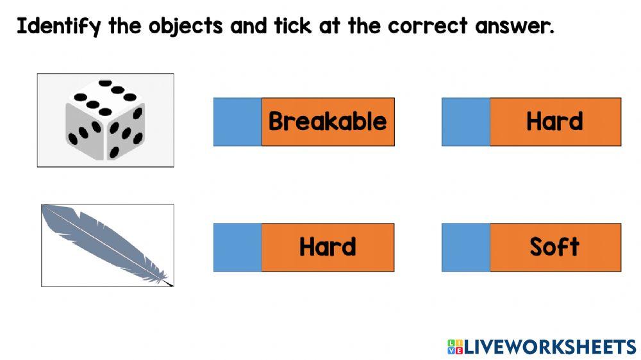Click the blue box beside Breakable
(x=237, y=122)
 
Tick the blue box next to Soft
(x=465, y=247)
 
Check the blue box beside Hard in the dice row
(x=465, y=122)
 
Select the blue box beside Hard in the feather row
(x=237, y=247)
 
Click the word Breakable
(x=328, y=122)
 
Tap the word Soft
(x=554, y=247)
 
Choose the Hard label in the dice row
(x=554, y=122)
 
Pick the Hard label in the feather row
(x=328, y=247)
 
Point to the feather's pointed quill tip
(x=169, y=283)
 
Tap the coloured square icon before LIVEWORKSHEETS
(x=454, y=347)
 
